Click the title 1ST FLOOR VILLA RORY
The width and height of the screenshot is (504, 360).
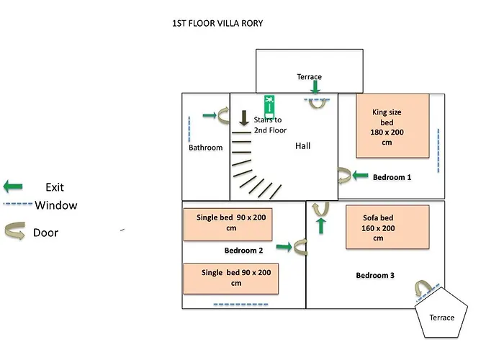tap(217, 23)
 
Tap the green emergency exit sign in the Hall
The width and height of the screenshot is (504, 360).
tap(270, 104)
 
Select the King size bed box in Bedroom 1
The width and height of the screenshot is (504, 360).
tap(392, 126)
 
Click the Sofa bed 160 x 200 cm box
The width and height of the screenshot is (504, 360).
tap(387, 227)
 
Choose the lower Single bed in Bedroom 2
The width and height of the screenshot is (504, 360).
tap(230, 278)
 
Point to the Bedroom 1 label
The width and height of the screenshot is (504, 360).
tap(392, 176)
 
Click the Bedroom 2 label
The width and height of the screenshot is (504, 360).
tap(243, 251)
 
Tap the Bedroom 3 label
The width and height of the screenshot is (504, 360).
tap(375, 276)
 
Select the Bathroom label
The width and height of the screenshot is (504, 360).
tap(206, 148)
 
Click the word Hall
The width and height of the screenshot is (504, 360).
tap(302, 146)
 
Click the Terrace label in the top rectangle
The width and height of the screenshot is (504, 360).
tap(309, 76)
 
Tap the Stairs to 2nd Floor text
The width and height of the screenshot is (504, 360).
tap(270, 125)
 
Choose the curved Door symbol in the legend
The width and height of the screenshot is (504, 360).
tap(16, 233)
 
